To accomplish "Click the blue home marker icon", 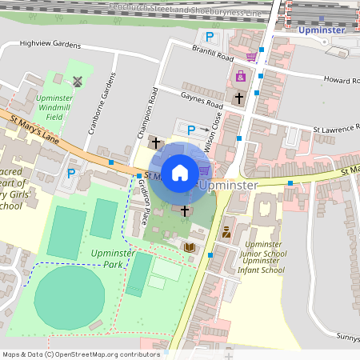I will tap(180, 172).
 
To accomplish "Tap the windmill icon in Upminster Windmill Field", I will tap(78, 81).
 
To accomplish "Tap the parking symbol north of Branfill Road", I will tap(210, 36).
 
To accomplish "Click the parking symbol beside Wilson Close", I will tap(190, 130).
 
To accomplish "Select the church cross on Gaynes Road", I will tap(238, 98).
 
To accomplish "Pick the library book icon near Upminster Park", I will tap(189, 248).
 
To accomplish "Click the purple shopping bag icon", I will tap(240, 77).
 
